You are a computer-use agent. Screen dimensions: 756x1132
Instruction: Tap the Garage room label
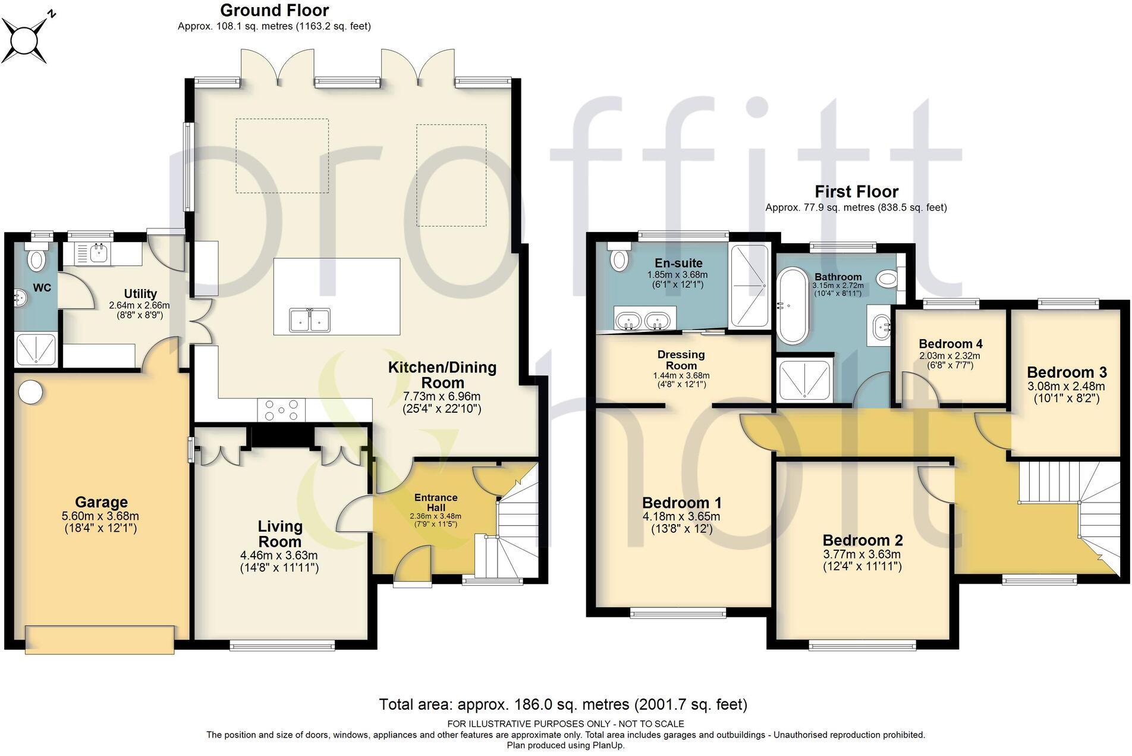(x=101, y=502)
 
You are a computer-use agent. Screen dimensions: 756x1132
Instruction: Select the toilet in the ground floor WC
(x=37, y=260)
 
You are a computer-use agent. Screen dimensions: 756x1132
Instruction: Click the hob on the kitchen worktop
(x=282, y=410)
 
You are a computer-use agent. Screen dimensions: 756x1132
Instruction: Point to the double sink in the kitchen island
(x=310, y=321)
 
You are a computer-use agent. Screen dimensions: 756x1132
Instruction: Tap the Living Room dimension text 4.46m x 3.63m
(x=279, y=556)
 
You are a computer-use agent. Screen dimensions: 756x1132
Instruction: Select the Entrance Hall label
(x=436, y=503)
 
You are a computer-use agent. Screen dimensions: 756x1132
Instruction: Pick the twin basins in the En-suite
(x=642, y=321)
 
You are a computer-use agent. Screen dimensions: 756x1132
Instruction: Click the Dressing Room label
(x=681, y=360)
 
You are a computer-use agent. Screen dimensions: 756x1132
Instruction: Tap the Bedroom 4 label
(x=950, y=344)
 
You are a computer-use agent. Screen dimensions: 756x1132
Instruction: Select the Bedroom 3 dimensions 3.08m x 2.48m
(x=1067, y=386)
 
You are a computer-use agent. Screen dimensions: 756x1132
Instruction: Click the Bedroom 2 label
(x=862, y=540)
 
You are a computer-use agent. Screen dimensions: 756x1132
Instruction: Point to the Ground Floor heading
(x=274, y=10)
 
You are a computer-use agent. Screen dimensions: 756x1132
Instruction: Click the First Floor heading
(x=856, y=192)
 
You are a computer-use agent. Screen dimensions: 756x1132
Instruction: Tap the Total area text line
(x=563, y=705)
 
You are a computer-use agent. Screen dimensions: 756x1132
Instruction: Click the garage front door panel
(x=99, y=639)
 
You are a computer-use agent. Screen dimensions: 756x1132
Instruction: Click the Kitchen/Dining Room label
(x=442, y=375)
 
